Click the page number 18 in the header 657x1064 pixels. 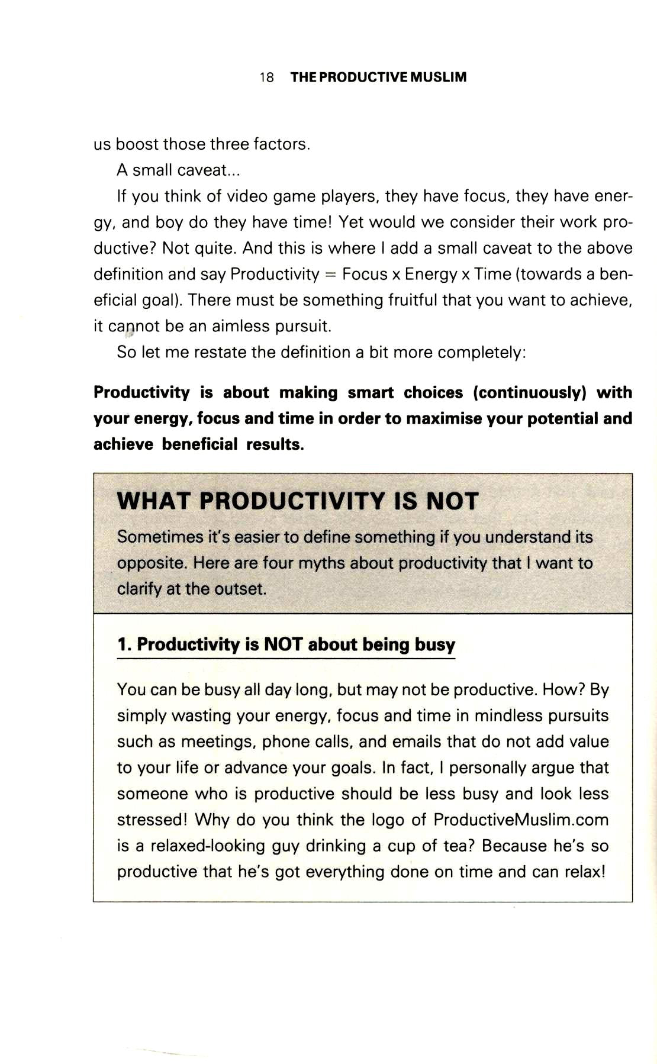pos(266,78)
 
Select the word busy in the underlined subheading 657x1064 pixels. pos(434,644)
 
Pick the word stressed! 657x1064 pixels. pos(152,820)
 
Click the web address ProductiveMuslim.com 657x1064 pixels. pos(521,820)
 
